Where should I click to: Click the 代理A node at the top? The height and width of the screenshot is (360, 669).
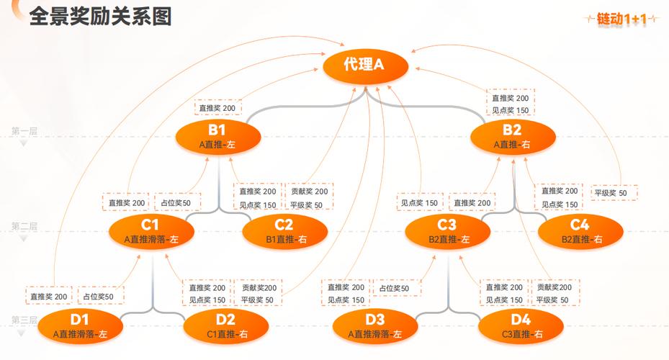[365, 66]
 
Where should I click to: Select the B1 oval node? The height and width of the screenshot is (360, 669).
[217, 136]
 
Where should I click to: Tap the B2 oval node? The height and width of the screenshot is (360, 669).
[512, 136]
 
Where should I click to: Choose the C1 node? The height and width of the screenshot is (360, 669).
[151, 231]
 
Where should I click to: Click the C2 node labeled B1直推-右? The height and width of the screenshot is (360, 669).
[285, 231]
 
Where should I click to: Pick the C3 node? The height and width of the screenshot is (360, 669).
[448, 231]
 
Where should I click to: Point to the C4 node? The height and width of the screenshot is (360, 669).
[580, 231]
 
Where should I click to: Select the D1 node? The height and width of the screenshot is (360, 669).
[79, 326]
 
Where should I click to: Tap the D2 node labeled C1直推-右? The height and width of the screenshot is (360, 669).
[225, 326]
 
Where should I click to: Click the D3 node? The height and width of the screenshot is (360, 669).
[375, 326]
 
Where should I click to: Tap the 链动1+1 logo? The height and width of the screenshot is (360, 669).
[623, 19]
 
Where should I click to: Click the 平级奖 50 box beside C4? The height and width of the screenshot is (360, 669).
[611, 193]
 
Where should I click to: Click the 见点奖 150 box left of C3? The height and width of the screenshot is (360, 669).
[420, 204]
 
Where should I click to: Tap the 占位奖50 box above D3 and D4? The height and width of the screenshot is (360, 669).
[395, 289]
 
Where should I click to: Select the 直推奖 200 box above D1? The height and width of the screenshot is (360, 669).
[49, 296]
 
